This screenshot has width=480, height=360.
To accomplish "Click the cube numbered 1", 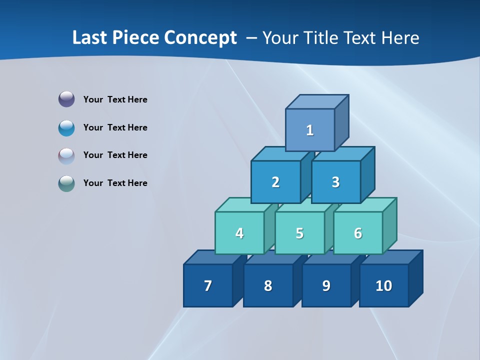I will pyautogui.click(x=310, y=130).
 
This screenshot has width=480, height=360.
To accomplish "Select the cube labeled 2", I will pyautogui.click(x=275, y=182).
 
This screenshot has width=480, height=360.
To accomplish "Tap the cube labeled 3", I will pyautogui.click(x=335, y=182).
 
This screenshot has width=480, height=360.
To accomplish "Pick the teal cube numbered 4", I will pyautogui.click(x=239, y=233).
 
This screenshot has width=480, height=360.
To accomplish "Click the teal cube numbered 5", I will pyautogui.click(x=299, y=233).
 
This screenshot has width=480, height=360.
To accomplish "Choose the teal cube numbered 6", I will pyautogui.click(x=358, y=233).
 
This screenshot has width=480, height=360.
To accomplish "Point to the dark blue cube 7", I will pyautogui.click(x=208, y=285).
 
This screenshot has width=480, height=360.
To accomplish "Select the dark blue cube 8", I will pyautogui.click(x=268, y=285).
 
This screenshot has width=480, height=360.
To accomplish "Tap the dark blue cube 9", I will pyautogui.click(x=326, y=285).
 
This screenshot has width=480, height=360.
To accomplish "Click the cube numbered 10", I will pyautogui.click(x=384, y=285).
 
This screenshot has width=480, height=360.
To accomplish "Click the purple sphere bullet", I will pyautogui.click(x=66, y=99).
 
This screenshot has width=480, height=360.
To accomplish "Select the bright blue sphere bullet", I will pyautogui.click(x=66, y=127).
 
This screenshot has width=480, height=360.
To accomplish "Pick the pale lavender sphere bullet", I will pyautogui.click(x=66, y=155).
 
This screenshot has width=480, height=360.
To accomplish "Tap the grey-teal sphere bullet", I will pyautogui.click(x=66, y=183).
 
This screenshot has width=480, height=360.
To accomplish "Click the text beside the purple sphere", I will pyautogui.click(x=115, y=99).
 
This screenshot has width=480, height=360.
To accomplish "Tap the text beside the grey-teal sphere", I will pyautogui.click(x=115, y=183).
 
